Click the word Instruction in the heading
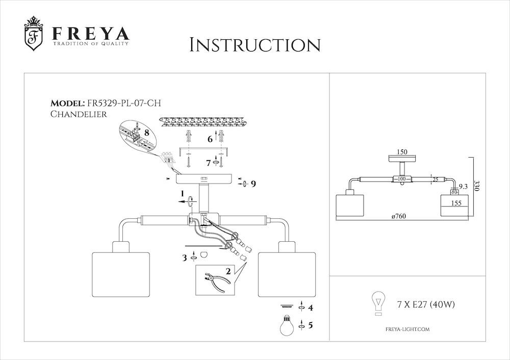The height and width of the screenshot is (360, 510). pyautogui.click(x=255, y=45)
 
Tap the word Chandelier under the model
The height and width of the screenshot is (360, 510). pyautogui.click(x=79, y=114)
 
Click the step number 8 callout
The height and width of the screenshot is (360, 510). pyautogui.click(x=146, y=133)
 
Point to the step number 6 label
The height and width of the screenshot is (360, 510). pyautogui.click(x=210, y=139)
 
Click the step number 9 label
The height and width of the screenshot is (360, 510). pyautogui.click(x=253, y=184)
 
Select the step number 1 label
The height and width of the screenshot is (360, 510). pyautogui.click(x=183, y=194)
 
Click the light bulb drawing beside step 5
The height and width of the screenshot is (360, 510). pyautogui.click(x=287, y=325)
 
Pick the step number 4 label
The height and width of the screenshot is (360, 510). pyautogui.click(x=311, y=307)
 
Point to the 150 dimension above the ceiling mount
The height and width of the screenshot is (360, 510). pyautogui.click(x=402, y=152)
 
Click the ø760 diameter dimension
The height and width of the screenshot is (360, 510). pyautogui.click(x=399, y=216)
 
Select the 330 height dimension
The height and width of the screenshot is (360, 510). pyautogui.click(x=477, y=186)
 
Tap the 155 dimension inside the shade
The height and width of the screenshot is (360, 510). pyautogui.click(x=456, y=203)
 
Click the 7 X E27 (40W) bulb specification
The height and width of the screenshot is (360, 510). pyautogui.click(x=426, y=304)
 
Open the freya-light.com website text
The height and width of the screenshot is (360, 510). pyautogui.click(x=407, y=329)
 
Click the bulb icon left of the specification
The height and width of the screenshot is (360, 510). pyautogui.click(x=378, y=303)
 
